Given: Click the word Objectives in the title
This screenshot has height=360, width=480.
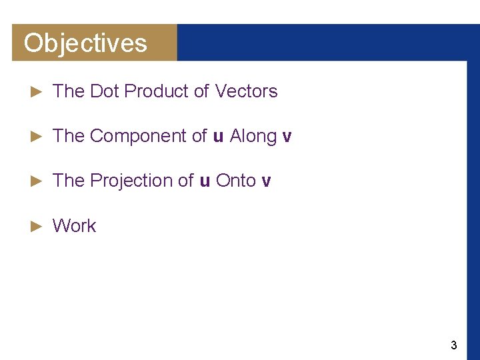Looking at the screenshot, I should tap(85, 43).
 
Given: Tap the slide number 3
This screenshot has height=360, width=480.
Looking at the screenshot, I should tap(454, 345).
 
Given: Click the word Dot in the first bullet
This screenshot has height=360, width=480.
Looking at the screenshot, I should tap(103, 91).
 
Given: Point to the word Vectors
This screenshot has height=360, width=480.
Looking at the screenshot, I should tap(246, 91).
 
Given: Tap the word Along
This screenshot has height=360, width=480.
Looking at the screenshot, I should tap(253, 136).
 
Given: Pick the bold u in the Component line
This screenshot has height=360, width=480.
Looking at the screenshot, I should tap(218, 137).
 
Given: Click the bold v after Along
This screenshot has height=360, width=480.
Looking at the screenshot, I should tap(287, 137).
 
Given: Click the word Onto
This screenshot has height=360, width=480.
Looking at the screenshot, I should tap(236, 181).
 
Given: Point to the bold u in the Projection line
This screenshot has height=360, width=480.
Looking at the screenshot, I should tap(205, 181).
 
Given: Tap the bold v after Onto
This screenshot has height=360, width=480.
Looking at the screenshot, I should tap(267, 181).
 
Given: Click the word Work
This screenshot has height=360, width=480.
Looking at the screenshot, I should tap(74, 226).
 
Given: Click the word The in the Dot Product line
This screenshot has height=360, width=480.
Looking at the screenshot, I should tap(68, 91).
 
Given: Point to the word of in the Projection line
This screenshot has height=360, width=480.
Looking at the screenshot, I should tap(186, 181).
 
